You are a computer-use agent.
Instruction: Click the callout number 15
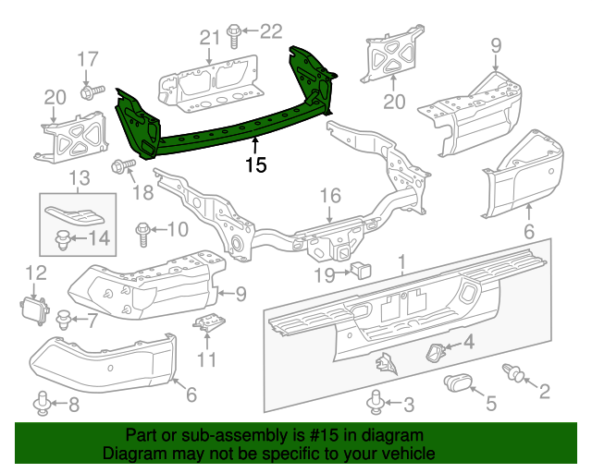click(256, 165)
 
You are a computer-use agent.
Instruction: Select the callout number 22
click(269, 31)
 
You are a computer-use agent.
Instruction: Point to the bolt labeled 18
click(118, 167)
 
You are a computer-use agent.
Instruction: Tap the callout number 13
click(78, 176)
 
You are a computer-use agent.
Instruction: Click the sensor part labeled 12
click(33, 305)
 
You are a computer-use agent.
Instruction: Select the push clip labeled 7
click(62, 321)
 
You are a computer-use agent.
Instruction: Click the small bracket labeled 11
click(208, 324)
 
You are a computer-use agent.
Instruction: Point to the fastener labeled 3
click(376, 402)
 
